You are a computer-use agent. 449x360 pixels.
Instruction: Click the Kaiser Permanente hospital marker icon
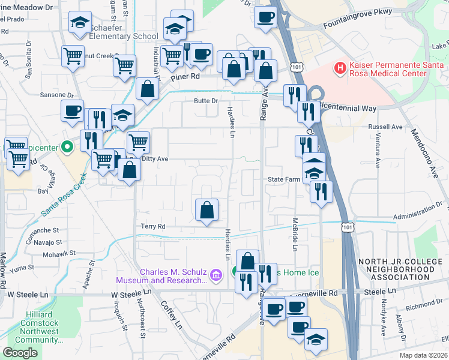click(340, 68)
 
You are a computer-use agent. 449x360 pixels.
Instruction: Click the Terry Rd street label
click(152, 226)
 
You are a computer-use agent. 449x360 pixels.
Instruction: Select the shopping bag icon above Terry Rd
click(206, 211)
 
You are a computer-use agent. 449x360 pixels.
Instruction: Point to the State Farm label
click(283, 179)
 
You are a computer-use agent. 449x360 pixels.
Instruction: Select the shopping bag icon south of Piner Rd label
click(147, 90)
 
